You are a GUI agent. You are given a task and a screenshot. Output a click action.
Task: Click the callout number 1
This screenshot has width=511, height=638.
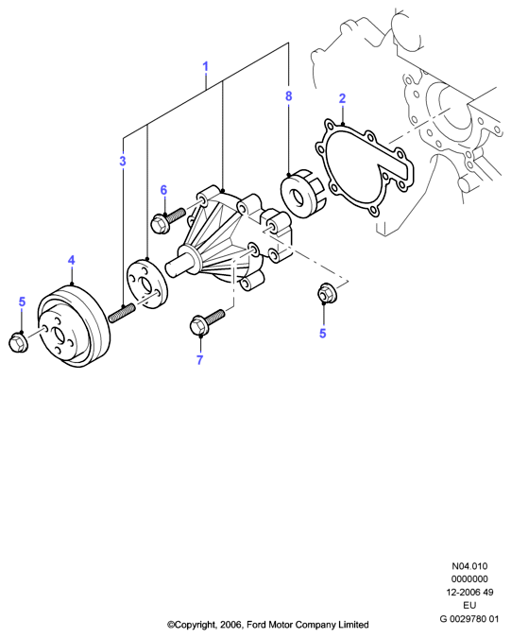(206, 66)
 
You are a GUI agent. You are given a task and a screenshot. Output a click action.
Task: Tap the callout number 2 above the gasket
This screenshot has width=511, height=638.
(342, 98)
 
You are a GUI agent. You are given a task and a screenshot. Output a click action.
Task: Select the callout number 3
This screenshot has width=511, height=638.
(123, 161)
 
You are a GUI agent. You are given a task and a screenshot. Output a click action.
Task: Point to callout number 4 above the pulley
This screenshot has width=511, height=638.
(72, 260)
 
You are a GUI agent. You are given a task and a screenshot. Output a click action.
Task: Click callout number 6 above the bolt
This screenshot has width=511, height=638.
(163, 190)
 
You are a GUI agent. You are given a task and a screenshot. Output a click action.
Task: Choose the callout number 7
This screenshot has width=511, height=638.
(199, 360)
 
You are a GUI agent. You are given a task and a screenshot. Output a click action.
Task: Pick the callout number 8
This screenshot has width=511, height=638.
(289, 96)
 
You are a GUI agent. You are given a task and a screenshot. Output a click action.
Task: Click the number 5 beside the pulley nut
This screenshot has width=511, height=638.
(22, 302)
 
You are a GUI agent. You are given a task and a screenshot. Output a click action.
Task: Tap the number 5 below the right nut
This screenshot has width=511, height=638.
(323, 334)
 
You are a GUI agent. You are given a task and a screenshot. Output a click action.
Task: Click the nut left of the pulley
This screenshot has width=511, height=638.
(18, 342)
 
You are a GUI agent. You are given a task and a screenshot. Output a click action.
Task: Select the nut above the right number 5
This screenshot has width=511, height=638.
(326, 294)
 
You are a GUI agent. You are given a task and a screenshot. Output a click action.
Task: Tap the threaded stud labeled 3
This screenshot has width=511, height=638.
(122, 313)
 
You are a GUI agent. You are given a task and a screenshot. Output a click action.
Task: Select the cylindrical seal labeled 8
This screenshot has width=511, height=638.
(301, 196)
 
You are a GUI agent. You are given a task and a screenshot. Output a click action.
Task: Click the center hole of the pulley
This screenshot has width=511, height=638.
(59, 335)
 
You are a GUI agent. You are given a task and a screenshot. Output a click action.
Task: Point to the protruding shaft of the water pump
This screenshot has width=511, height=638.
(179, 266)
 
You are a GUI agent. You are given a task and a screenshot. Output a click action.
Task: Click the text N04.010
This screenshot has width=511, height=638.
(469, 566)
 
